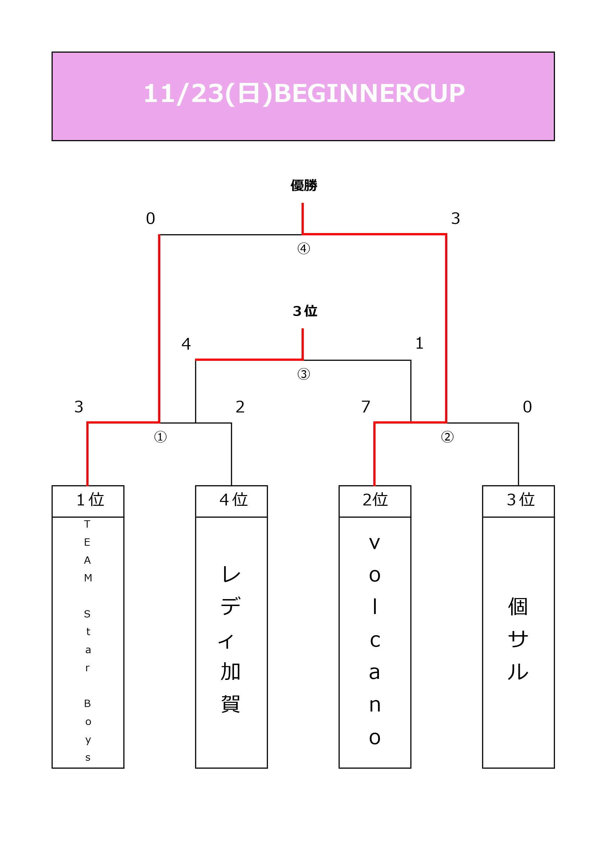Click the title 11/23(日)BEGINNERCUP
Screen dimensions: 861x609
click(x=304, y=93)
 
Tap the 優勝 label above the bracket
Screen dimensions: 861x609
click(x=304, y=185)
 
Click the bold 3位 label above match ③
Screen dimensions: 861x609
click(x=305, y=311)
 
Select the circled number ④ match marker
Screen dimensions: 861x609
click(x=304, y=248)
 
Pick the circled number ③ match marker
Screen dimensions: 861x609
click(x=304, y=374)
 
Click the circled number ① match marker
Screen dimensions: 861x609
click(x=160, y=436)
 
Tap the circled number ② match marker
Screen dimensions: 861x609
click(x=447, y=436)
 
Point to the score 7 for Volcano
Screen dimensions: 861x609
click(x=366, y=407)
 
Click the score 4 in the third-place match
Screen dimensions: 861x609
click(x=186, y=343)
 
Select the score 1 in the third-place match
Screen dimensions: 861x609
click(x=420, y=343)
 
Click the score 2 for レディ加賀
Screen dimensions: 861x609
click(x=240, y=407)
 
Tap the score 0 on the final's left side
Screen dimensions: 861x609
click(x=151, y=218)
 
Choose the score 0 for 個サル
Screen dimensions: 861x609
click(x=527, y=407)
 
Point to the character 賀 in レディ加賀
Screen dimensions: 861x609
click(x=230, y=704)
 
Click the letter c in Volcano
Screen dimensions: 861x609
click(x=375, y=640)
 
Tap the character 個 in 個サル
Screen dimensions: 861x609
click(x=518, y=606)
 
